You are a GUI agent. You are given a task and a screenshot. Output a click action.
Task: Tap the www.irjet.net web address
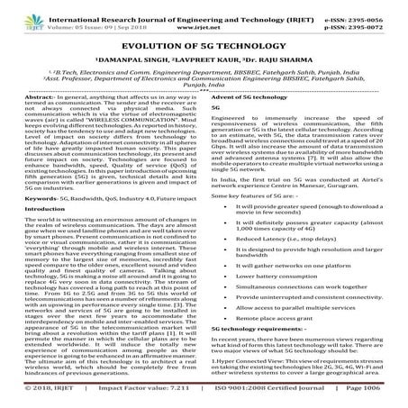tap(203, 17)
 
